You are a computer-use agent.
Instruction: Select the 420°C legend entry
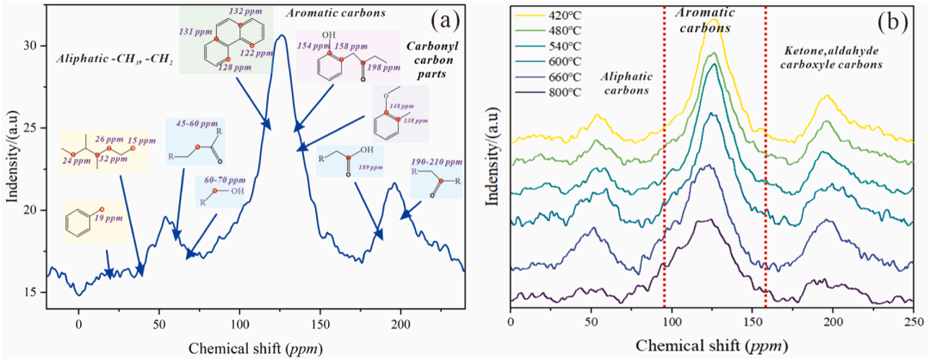pyautogui.click(x=549, y=16)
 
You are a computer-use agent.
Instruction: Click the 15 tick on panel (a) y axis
pyautogui.click(x=33, y=293)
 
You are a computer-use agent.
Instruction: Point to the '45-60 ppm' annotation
pyautogui.click(x=195, y=124)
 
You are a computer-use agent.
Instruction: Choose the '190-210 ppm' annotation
pyautogui.click(x=436, y=171)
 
